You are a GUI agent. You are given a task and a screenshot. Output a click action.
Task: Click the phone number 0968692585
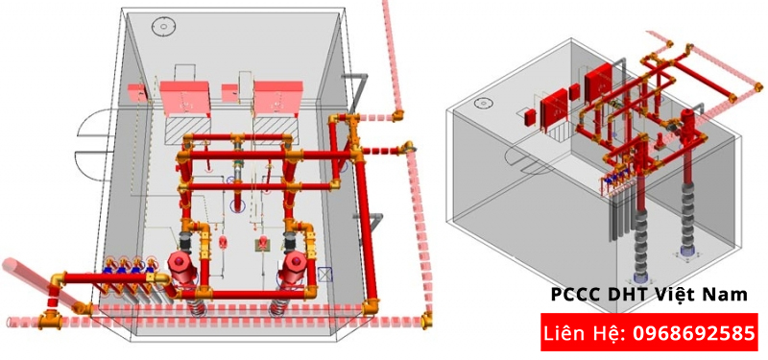(x=691, y=334)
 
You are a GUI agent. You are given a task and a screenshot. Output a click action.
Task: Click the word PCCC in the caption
(x=571, y=296)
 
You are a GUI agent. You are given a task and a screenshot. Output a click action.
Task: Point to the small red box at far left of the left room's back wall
(x=135, y=93)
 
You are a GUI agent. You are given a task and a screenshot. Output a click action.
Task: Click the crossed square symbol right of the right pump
(x=324, y=272)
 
